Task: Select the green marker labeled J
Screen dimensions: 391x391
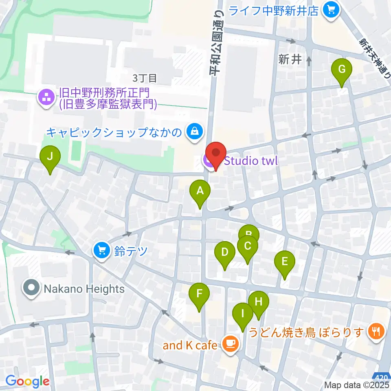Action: (x=50, y=156)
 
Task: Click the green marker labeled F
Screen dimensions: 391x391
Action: (x=199, y=294)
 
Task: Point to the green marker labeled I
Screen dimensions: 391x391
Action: (x=243, y=314)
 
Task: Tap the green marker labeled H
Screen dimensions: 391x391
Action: (x=259, y=302)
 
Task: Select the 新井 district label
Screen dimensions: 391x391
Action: (x=290, y=59)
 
